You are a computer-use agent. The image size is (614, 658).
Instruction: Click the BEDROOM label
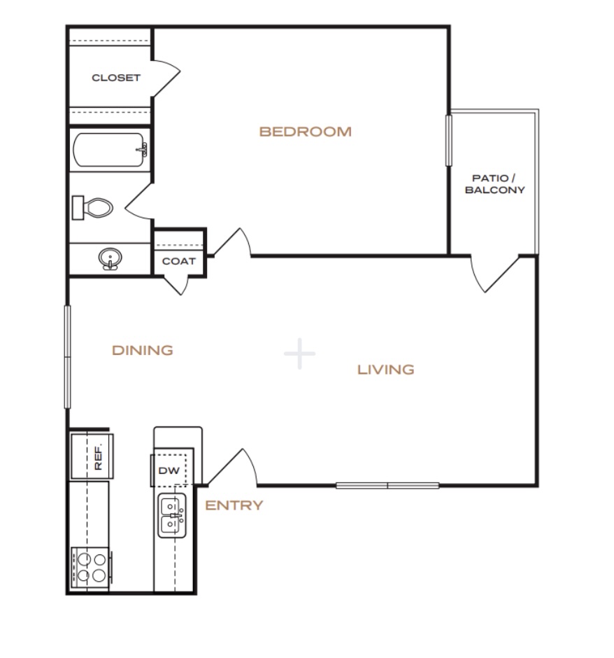click(305, 132)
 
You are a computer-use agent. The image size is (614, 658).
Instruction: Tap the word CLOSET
click(115, 78)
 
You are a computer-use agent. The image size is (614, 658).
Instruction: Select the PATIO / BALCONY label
click(494, 184)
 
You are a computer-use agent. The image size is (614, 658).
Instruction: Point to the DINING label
click(143, 351)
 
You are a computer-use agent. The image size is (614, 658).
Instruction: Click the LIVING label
click(385, 370)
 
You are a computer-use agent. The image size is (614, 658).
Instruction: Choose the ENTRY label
click(234, 505)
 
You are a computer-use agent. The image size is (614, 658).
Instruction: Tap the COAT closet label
click(179, 261)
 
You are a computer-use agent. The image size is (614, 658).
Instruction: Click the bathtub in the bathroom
click(110, 150)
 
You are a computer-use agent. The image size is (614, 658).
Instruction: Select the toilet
click(92, 208)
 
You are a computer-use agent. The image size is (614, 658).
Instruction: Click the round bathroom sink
click(110, 258)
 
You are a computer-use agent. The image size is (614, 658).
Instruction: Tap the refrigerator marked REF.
click(92, 456)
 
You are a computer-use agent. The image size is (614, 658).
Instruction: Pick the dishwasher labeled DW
click(169, 470)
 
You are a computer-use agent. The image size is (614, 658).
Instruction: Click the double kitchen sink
click(172, 515)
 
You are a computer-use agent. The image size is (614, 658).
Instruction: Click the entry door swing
click(232, 467)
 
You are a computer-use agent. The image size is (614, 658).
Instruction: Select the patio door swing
click(494, 273)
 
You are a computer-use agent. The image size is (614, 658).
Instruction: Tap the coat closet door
click(176, 286)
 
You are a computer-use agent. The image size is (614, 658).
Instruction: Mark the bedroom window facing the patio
click(448, 141)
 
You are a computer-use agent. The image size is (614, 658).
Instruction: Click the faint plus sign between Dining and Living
click(299, 353)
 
